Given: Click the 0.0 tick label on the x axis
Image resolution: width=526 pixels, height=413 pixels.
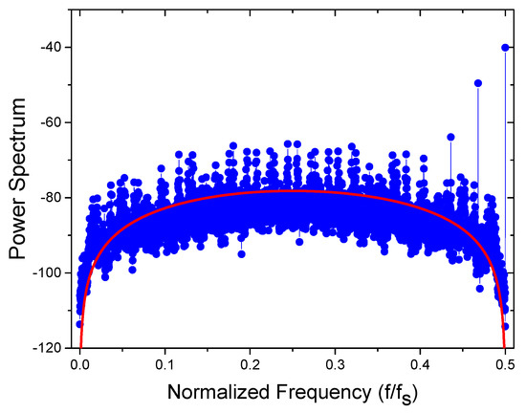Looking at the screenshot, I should tap(80, 364).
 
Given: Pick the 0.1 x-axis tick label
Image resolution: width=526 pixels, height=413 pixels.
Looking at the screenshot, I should tap(165, 364).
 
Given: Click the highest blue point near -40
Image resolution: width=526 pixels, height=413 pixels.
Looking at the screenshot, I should tap(504, 47).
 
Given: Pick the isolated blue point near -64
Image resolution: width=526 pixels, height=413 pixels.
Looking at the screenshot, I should tap(450, 137).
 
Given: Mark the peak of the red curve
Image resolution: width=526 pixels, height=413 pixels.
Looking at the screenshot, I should tap(293, 190).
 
